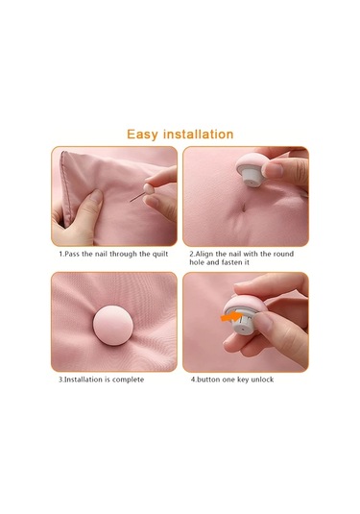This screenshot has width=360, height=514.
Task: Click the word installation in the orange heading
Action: pyautogui.click(x=198, y=135)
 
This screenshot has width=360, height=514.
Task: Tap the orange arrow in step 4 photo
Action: pyautogui.click(x=231, y=317)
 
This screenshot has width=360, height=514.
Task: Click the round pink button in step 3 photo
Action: pyautogui.click(x=113, y=325)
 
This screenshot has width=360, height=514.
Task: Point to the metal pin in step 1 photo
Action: pyautogui.click(x=137, y=197)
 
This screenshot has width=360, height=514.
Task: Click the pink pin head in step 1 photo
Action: pyautogui.click(x=149, y=189)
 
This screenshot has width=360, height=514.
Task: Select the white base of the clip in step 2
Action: pyautogui.click(x=252, y=178)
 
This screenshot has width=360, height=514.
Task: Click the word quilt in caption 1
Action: pyautogui.click(x=160, y=254)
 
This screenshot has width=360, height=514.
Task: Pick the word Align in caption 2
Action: pyautogui.click(x=204, y=254)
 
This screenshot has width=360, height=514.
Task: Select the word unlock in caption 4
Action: pyautogui.click(x=262, y=379)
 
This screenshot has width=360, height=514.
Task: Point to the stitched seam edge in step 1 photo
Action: pyautogui.click(x=65, y=186)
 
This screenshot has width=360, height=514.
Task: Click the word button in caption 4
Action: pyautogui.click(x=208, y=379)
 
